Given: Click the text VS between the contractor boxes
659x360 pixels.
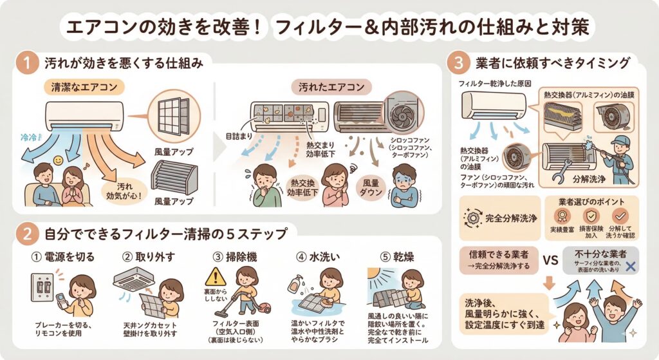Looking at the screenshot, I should [550, 261].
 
